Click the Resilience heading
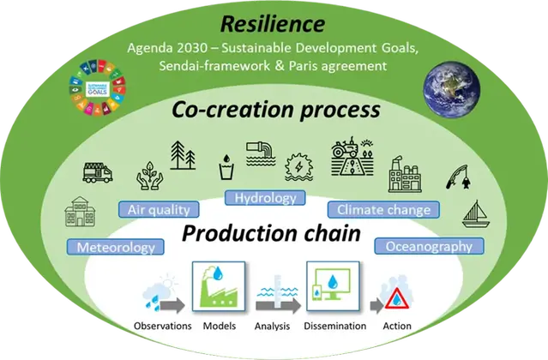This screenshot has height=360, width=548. pos(274,23)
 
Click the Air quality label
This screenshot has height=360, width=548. pos(159,208)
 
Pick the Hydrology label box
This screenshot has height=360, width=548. pos(265,198)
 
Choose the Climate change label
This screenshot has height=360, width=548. pos(383,208)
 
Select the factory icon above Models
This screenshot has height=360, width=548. pos(217,289)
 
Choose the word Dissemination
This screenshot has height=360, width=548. pos(335,326)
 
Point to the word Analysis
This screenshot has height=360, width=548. pos(273,326)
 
